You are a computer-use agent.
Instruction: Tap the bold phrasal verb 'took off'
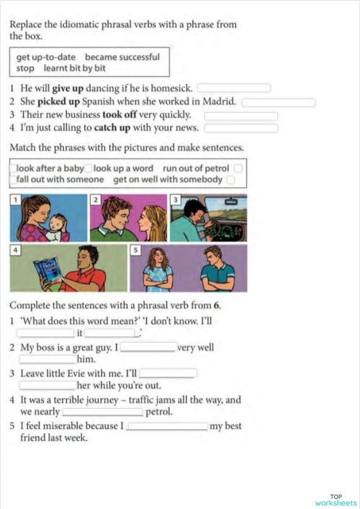coord(122,114)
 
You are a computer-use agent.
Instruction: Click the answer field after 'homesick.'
coord(234,89)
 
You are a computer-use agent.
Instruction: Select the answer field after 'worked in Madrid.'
coord(278,102)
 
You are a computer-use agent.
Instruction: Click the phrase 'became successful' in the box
coord(122,56)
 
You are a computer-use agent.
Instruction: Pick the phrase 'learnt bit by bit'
coord(75,68)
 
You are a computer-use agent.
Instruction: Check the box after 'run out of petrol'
coord(238,168)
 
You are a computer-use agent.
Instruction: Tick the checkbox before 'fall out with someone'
coord(12,179)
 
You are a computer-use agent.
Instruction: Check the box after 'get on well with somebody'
coord(230,179)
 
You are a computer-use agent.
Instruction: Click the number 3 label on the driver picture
coord(175,199)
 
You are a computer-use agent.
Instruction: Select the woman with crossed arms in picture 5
coord(156,271)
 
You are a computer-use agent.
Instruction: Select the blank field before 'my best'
coord(167,426)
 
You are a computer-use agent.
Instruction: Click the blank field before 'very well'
coord(148,346)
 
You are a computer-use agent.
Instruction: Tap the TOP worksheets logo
coord(336,500)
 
